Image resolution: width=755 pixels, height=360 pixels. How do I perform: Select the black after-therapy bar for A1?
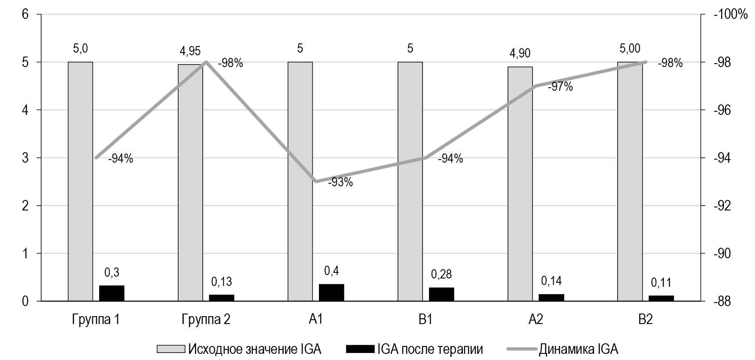coord(331,293)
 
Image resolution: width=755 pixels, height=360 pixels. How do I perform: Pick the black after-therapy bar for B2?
coord(661,298)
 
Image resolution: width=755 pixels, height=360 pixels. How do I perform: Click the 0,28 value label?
coord(441,275)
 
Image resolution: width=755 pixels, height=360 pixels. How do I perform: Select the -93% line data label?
coord(340,182)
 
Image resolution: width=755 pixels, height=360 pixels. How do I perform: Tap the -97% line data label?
coord(560,87)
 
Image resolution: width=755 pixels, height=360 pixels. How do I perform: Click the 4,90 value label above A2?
coord(520,53)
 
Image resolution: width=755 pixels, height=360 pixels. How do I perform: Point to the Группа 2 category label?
coord(206,320)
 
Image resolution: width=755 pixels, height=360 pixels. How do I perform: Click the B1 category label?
coord(425,320)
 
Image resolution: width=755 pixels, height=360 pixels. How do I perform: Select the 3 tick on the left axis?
coord(25,158)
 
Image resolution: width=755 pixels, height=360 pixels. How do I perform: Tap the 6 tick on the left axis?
coord(25,14)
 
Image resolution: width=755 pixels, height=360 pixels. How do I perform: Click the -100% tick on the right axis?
coord(730,14)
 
